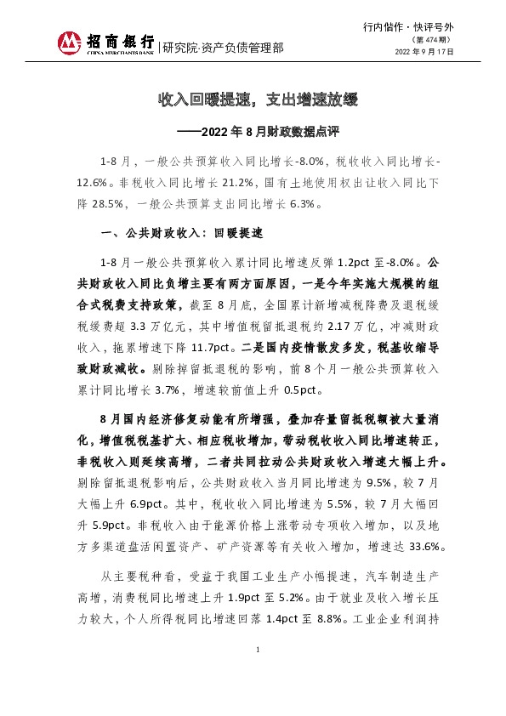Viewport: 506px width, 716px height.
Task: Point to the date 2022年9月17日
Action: point(424,51)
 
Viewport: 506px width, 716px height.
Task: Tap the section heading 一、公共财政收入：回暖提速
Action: point(184,232)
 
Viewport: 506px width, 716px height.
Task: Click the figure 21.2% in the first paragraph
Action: point(237,182)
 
